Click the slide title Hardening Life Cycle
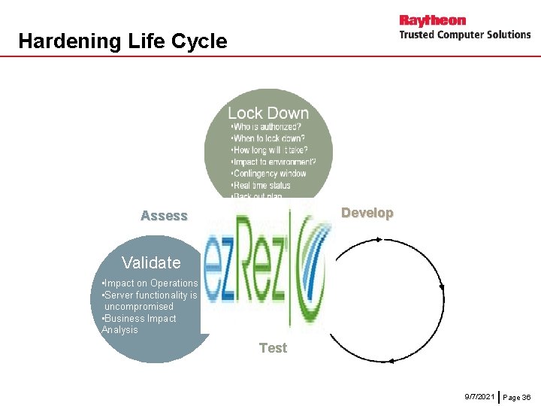(122, 41)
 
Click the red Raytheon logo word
(432, 20)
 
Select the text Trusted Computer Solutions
(464, 35)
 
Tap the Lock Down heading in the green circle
(268, 114)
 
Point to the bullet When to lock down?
(268, 138)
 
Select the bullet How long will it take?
(270, 150)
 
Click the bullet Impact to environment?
(274, 162)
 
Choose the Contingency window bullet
(269, 174)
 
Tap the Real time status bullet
(261, 185)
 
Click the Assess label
(164, 217)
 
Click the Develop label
(367, 213)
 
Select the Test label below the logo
(273, 348)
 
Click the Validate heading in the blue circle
(151, 262)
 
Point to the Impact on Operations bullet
(150, 283)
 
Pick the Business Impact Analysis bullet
(139, 324)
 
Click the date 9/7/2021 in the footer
(479, 395)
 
